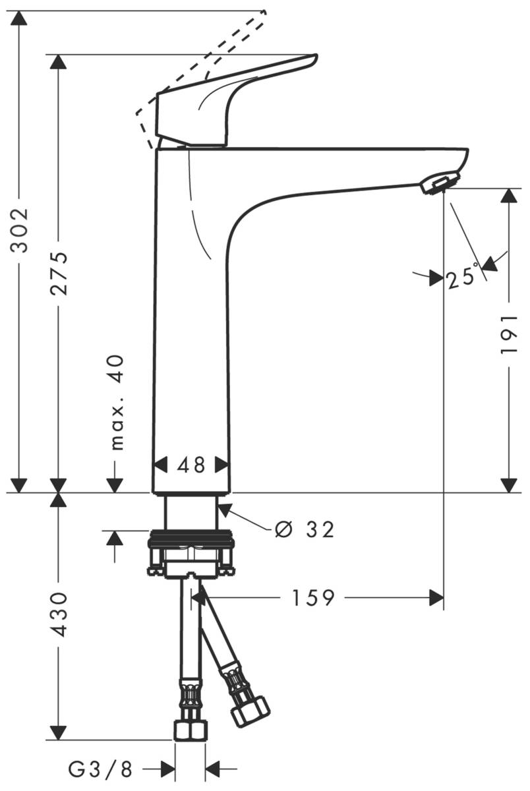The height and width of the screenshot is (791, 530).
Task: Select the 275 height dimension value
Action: point(59,273)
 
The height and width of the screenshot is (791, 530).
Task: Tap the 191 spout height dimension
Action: point(508,334)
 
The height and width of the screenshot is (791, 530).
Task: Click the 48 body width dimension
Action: point(191,465)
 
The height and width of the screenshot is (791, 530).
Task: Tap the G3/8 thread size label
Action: point(100,768)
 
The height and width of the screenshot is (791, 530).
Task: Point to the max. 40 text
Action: point(116,402)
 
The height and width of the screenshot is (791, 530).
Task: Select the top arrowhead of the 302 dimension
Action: point(20,18)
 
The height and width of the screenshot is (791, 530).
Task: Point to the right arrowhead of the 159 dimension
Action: point(436,598)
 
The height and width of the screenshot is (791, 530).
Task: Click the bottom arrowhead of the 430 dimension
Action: point(59,732)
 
